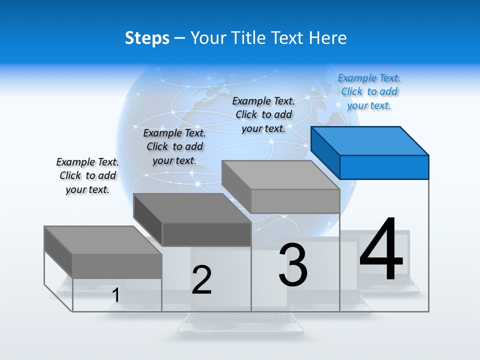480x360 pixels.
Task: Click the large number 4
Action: coord(381,250)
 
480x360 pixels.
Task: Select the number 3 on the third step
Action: coord(293,265)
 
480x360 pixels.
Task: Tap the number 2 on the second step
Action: coord(201,280)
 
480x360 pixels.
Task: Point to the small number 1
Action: coord(115,295)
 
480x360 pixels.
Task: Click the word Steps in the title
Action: coord(147,38)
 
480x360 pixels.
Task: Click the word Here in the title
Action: coord(328,38)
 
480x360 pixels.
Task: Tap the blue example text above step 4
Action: coord(369,91)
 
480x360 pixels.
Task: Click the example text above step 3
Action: coord(263,114)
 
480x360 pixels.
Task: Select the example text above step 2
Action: coord(174,146)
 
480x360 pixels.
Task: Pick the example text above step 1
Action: coord(87,175)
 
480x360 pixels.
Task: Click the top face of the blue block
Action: coord(369,140)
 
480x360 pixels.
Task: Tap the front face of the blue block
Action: coord(384,167)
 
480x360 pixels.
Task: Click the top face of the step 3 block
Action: coord(280,175)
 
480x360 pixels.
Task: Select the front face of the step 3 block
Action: coord(295,201)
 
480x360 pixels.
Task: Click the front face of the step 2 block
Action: coord(206,234)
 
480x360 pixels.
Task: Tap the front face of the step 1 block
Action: coord(117,265)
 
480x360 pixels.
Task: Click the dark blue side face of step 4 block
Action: coord(325,152)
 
